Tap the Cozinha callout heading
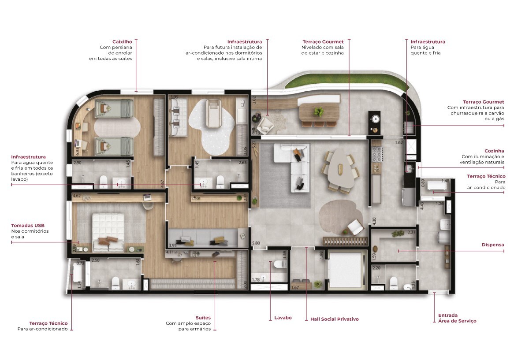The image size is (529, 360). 494,151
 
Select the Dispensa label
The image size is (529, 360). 493,245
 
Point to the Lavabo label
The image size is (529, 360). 283,318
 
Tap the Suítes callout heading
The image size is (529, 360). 203,317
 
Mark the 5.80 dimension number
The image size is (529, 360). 256,243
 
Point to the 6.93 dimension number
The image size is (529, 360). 78,151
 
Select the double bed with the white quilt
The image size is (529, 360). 108,231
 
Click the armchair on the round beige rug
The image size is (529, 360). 355,227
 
